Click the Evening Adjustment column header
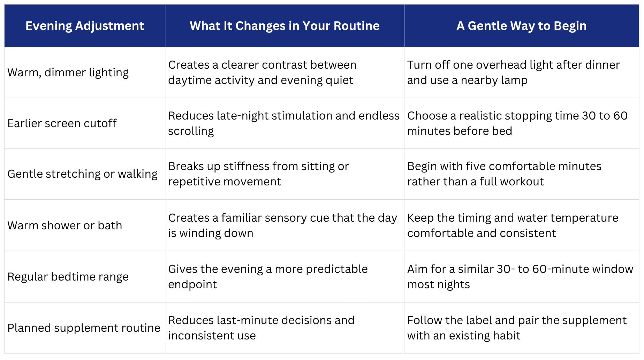tap(85, 26)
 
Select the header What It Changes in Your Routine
tap(285, 26)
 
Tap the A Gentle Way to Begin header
tap(521, 26)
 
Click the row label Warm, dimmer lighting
tap(68, 72)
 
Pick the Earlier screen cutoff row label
tap(62, 123)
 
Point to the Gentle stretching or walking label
tap(82, 174)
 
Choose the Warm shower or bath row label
tap(65, 225)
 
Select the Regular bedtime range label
tap(68, 277)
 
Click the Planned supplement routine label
tap(84, 328)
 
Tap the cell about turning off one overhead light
tap(514, 72)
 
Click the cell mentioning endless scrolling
tap(284, 123)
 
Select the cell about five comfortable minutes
tap(504, 174)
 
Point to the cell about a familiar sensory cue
tap(283, 225)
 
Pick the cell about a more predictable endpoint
tap(268, 277)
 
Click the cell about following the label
tap(517, 328)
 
